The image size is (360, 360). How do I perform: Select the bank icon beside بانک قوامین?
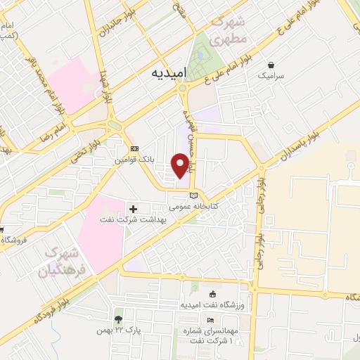[134, 148]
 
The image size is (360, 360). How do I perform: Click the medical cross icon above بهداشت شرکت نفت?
[134, 208]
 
